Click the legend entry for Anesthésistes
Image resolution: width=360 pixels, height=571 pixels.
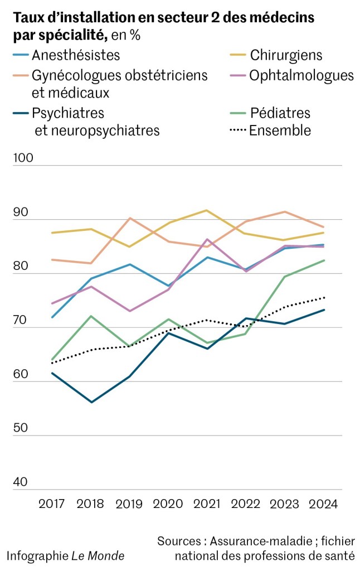(76, 55)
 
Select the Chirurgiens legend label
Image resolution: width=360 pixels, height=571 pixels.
(286, 55)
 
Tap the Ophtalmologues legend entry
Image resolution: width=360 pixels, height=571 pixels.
(301, 75)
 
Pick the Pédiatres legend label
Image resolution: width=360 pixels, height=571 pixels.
(280, 113)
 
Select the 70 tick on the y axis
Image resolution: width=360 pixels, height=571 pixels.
(20, 320)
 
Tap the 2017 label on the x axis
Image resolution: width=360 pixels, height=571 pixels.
(52, 504)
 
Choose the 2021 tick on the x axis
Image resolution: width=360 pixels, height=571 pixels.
(207, 504)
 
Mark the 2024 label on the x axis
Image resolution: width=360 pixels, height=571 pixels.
(323, 504)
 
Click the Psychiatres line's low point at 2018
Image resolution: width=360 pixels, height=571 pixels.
(91, 402)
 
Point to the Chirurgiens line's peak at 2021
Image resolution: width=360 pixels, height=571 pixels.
(207, 210)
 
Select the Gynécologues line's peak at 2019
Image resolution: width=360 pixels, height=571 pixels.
(129, 218)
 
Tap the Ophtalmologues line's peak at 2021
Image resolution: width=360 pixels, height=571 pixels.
(207, 239)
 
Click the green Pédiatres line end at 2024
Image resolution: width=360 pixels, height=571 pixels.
(324, 260)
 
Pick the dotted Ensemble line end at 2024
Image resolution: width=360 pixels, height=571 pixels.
(324, 298)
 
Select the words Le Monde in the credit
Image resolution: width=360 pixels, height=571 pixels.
(98, 555)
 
